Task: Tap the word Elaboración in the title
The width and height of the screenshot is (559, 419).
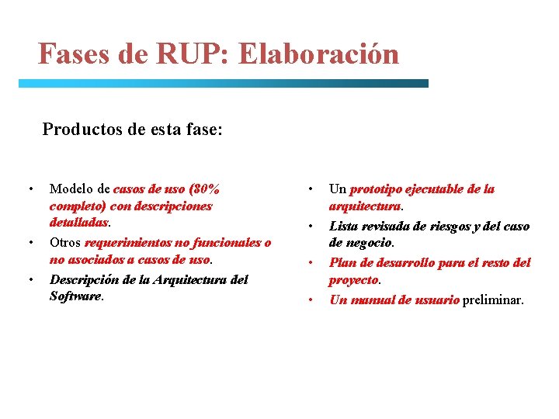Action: click(x=320, y=54)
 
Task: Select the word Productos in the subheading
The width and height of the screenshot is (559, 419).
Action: click(x=79, y=129)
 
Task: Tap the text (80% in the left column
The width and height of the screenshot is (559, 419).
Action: click(x=205, y=189)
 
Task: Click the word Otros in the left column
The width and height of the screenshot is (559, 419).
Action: click(x=65, y=243)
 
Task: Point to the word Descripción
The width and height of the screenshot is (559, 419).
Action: click(x=86, y=279)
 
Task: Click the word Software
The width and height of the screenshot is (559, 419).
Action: click(x=75, y=296)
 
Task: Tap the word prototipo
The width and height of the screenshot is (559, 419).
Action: click(x=376, y=189)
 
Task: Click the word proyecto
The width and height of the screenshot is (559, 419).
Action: click(x=353, y=279)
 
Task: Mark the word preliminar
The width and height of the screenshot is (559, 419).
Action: click(x=493, y=300)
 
